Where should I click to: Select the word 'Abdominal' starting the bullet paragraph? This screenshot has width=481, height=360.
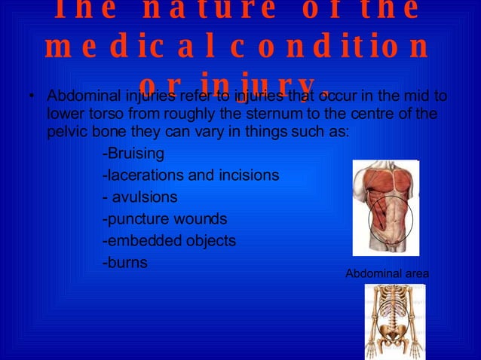click(79, 97)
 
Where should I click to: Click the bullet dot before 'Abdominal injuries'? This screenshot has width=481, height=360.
click(31, 97)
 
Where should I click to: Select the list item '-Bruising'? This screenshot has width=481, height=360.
click(133, 154)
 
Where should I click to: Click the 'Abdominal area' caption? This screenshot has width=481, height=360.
click(387, 273)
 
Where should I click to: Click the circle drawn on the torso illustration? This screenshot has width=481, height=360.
click(391, 220)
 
